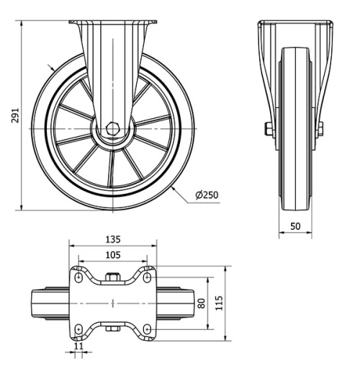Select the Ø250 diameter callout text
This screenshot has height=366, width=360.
tap(207, 195)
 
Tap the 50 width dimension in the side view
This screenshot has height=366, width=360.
tap(295, 226)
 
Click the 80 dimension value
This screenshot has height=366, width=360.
tap(202, 303)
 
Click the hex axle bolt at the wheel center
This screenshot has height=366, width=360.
tap(112, 128)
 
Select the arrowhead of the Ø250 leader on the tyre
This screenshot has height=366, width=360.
tap(175, 188)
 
